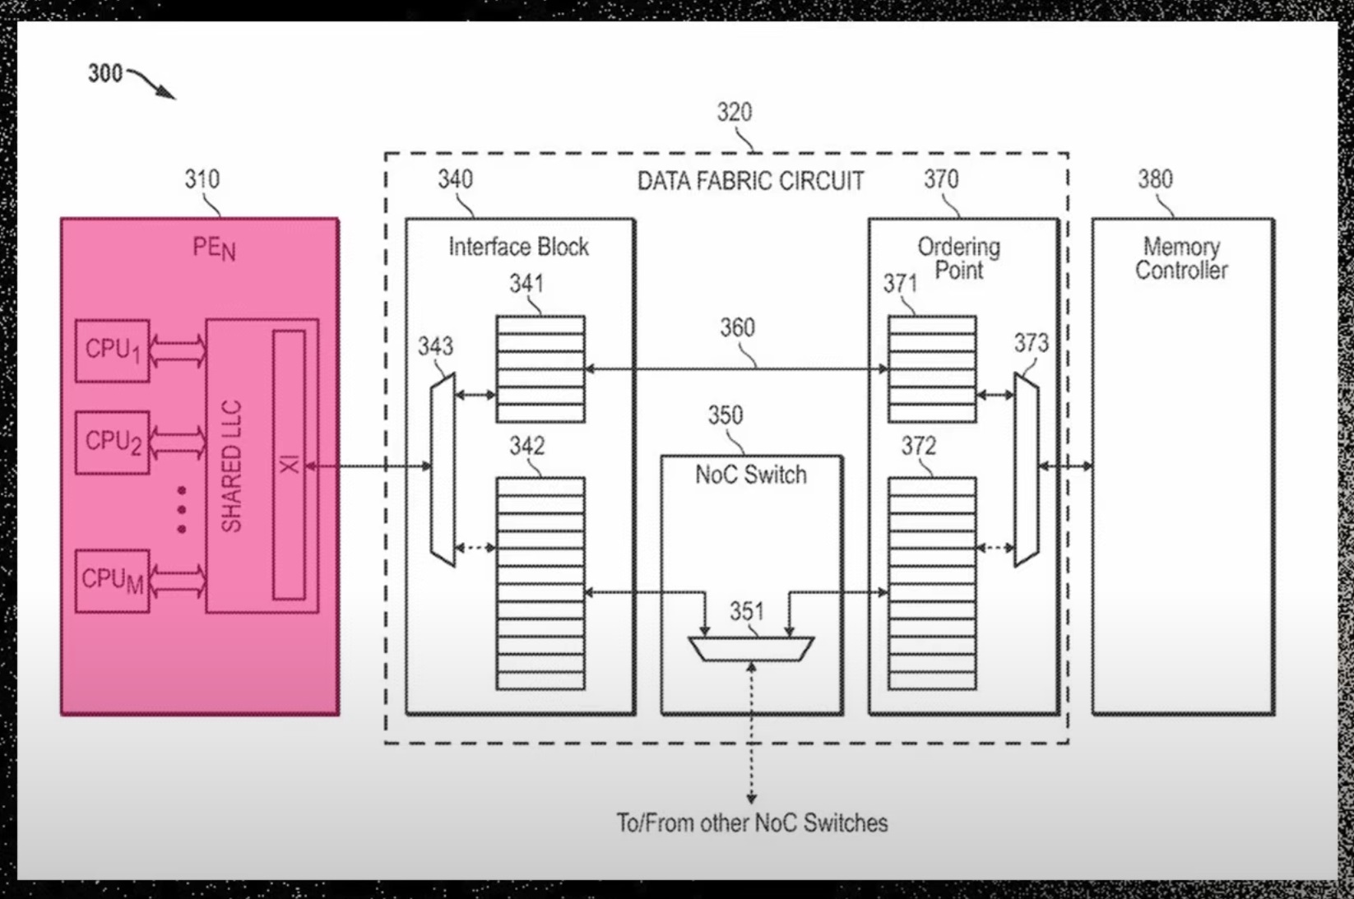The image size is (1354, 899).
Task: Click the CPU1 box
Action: click(113, 351)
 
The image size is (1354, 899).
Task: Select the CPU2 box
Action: click(113, 443)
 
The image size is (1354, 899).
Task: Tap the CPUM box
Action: click(113, 581)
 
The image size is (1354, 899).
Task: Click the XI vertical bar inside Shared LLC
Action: click(289, 465)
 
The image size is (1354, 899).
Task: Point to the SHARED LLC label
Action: click(232, 466)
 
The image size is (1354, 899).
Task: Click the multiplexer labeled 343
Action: click(443, 470)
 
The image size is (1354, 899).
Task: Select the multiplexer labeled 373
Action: click(1026, 470)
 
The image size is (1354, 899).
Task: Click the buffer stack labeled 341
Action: click(540, 369)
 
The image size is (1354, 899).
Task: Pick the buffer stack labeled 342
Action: click(540, 583)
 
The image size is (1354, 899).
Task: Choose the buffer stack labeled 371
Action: click(932, 369)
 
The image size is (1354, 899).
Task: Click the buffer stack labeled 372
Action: click(932, 583)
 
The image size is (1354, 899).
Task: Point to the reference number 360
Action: click(737, 328)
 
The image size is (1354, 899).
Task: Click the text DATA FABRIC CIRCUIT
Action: click(750, 181)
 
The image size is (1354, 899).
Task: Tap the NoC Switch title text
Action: click(751, 475)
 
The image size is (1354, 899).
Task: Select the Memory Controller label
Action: click(1181, 258)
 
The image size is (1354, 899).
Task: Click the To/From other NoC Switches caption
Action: click(752, 823)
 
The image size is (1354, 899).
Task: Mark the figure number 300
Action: click(105, 73)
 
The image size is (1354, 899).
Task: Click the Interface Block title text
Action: click(518, 247)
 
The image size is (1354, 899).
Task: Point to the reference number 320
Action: click(734, 112)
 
